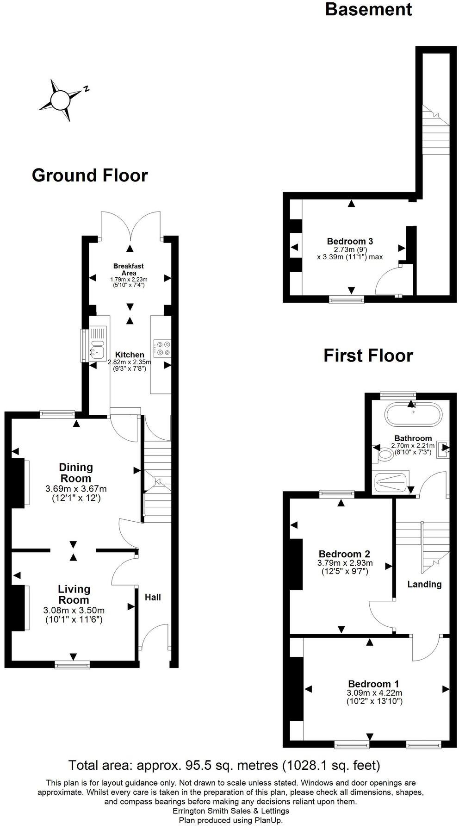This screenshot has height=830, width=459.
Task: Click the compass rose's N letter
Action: pyautogui.click(x=86, y=89)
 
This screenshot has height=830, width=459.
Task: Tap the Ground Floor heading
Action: pyautogui.click(x=90, y=175)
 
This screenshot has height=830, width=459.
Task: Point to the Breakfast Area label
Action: pyautogui.click(x=129, y=269)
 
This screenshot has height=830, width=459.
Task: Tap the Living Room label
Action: pyautogui.click(x=74, y=594)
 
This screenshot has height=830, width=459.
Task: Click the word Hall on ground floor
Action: pyautogui.click(x=153, y=597)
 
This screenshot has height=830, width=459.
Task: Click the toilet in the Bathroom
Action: pyautogui.click(x=384, y=455)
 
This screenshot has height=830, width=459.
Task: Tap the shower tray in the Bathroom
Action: pyautogui.click(x=391, y=482)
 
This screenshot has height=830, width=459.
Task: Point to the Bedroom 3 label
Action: pyautogui.click(x=350, y=241)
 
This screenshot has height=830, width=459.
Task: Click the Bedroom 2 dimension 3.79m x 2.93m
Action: pyautogui.click(x=345, y=563)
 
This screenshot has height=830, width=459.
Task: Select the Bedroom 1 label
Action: pyautogui.click(x=373, y=684)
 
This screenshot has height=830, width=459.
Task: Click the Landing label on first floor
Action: pyautogui.click(x=424, y=584)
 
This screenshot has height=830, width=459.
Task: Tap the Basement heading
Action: pyautogui.click(x=368, y=9)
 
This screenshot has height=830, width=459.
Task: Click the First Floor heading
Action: pyautogui.click(x=368, y=356)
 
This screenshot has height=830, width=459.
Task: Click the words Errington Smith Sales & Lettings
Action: pyautogui.click(x=230, y=811)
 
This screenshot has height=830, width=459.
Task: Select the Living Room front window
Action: pyautogui.click(x=72, y=665)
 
